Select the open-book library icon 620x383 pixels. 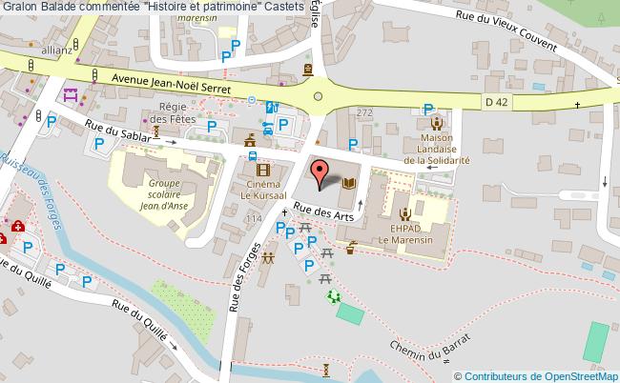[349, 184]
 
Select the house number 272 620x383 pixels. [363, 112]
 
